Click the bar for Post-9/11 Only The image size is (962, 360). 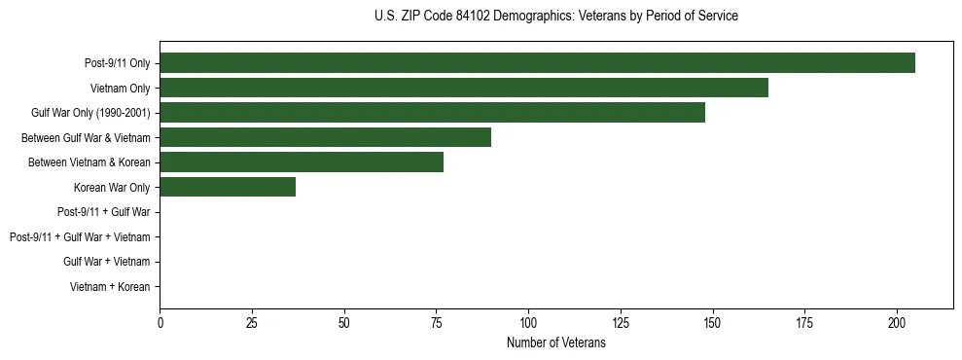[x=537, y=63]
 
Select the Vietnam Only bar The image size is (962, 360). [x=464, y=89]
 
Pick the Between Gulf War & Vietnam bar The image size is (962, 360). [x=325, y=137]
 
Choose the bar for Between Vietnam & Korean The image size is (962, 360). [x=302, y=162]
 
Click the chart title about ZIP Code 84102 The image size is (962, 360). [x=555, y=17]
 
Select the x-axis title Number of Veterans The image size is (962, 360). [x=555, y=343]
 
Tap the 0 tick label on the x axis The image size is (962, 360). [x=160, y=322]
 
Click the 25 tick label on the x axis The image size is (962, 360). [x=252, y=322]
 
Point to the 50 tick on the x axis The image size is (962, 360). [x=344, y=322]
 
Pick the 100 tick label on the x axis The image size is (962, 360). [x=528, y=322]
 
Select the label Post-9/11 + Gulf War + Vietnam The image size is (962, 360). [x=80, y=237]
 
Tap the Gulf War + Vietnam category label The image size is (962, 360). [x=106, y=262]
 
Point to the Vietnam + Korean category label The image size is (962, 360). [x=110, y=287]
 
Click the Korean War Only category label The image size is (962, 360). [x=112, y=188]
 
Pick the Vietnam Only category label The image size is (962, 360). [x=120, y=89]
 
